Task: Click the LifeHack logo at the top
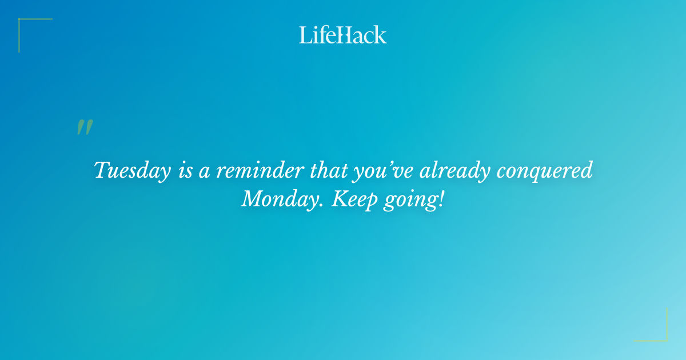click(x=343, y=35)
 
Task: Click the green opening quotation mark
click(x=85, y=127)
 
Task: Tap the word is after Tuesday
click(x=185, y=171)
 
